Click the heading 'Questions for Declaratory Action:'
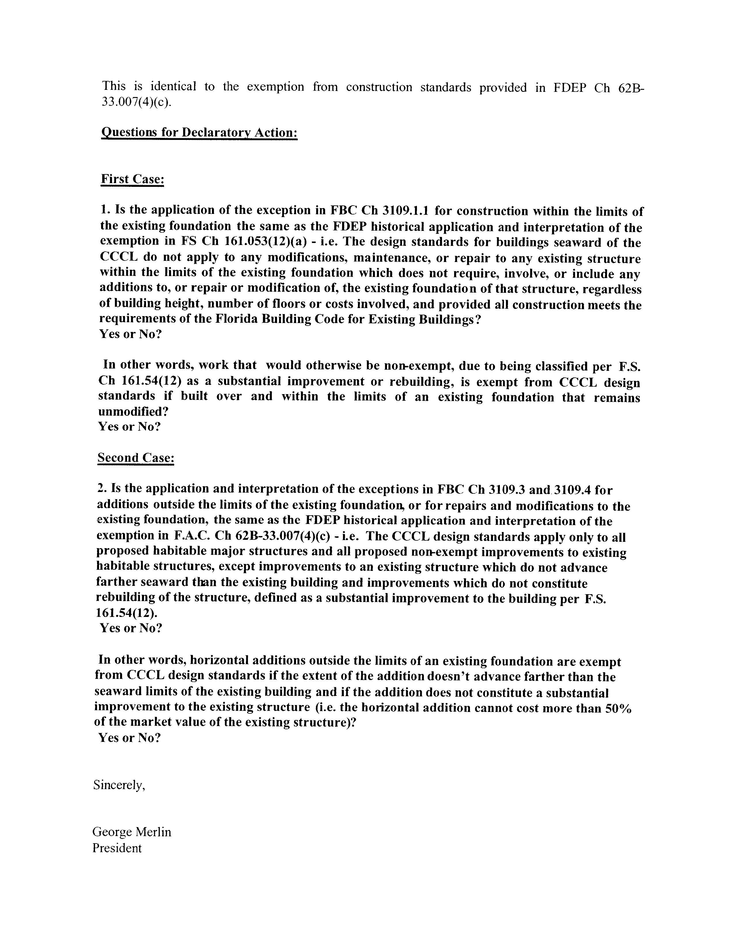click(199, 132)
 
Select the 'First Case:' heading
click(132, 179)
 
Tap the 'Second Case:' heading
click(136, 458)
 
